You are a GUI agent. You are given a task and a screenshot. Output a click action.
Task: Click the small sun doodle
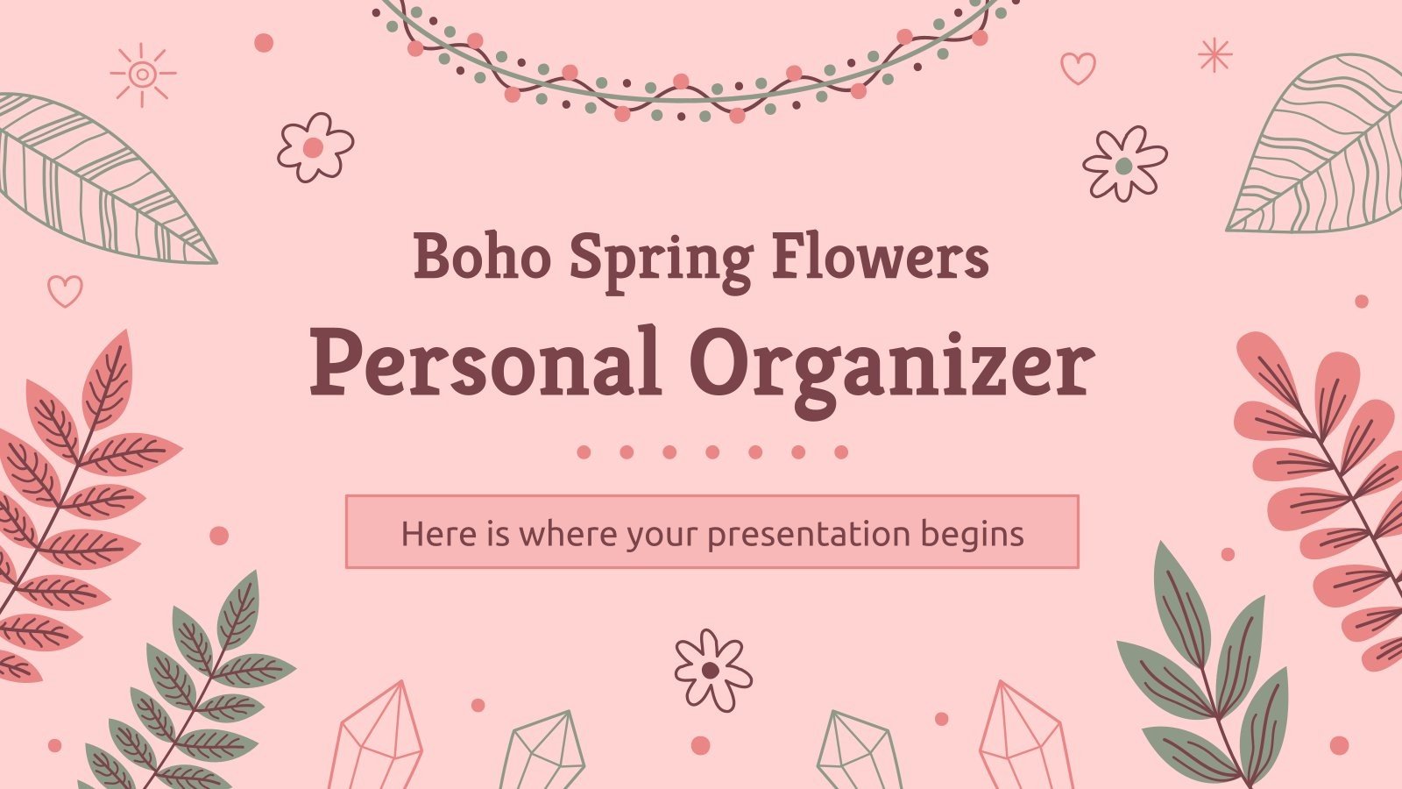pos(142,75)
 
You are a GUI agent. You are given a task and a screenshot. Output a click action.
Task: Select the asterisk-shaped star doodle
pos(1214,54)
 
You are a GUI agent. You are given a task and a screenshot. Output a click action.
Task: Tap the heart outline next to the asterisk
pos(1078,67)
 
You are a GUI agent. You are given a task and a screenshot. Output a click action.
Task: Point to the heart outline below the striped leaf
pos(64,290)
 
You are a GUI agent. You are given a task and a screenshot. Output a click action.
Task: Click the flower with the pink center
pos(315,146)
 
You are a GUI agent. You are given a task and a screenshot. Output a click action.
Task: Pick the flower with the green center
pos(1124,163)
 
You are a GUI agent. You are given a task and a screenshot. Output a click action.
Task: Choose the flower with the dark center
pos(712,669)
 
